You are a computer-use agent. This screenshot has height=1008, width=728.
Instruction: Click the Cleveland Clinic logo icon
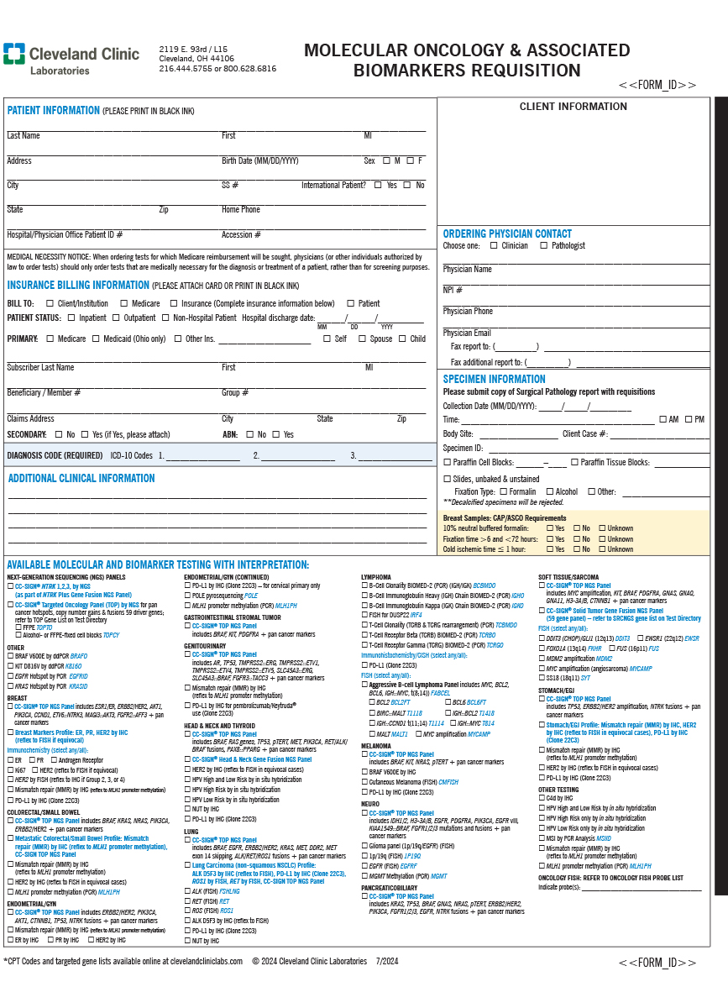(x=13, y=55)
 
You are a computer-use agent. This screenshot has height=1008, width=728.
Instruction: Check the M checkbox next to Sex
(x=386, y=160)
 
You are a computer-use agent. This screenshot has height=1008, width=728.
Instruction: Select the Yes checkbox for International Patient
(x=378, y=185)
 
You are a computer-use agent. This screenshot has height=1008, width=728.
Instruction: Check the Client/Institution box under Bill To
(x=50, y=303)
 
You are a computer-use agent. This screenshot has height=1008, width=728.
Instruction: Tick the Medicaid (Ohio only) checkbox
(x=95, y=339)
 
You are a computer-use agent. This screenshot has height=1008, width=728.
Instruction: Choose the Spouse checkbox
(x=362, y=339)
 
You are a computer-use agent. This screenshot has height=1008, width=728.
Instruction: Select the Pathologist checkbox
(x=543, y=246)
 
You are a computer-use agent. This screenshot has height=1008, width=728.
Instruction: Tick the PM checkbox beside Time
(x=689, y=419)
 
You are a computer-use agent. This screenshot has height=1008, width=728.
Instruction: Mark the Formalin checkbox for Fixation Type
(x=503, y=491)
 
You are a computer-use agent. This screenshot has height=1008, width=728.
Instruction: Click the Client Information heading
(x=573, y=107)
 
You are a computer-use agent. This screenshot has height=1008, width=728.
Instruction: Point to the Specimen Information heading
(x=494, y=379)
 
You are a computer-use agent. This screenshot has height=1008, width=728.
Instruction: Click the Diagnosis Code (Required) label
(x=55, y=456)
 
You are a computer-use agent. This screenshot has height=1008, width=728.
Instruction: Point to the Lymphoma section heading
(x=376, y=577)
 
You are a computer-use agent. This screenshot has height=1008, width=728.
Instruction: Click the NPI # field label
(x=453, y=290)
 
